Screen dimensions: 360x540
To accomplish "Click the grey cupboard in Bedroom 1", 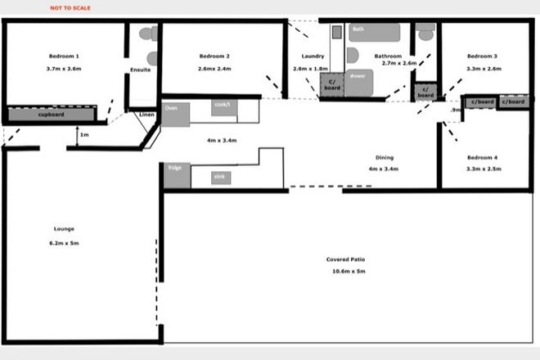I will (51, 115).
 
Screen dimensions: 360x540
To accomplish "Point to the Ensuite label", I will (141, 70).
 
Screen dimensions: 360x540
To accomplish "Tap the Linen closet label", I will (147, 114).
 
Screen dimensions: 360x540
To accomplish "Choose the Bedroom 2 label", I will (214, 56).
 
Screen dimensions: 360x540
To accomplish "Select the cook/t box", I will (223, 106).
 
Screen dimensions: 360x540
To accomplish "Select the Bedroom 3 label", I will (482, 56).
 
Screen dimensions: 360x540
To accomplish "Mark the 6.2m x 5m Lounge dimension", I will (63, 243).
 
